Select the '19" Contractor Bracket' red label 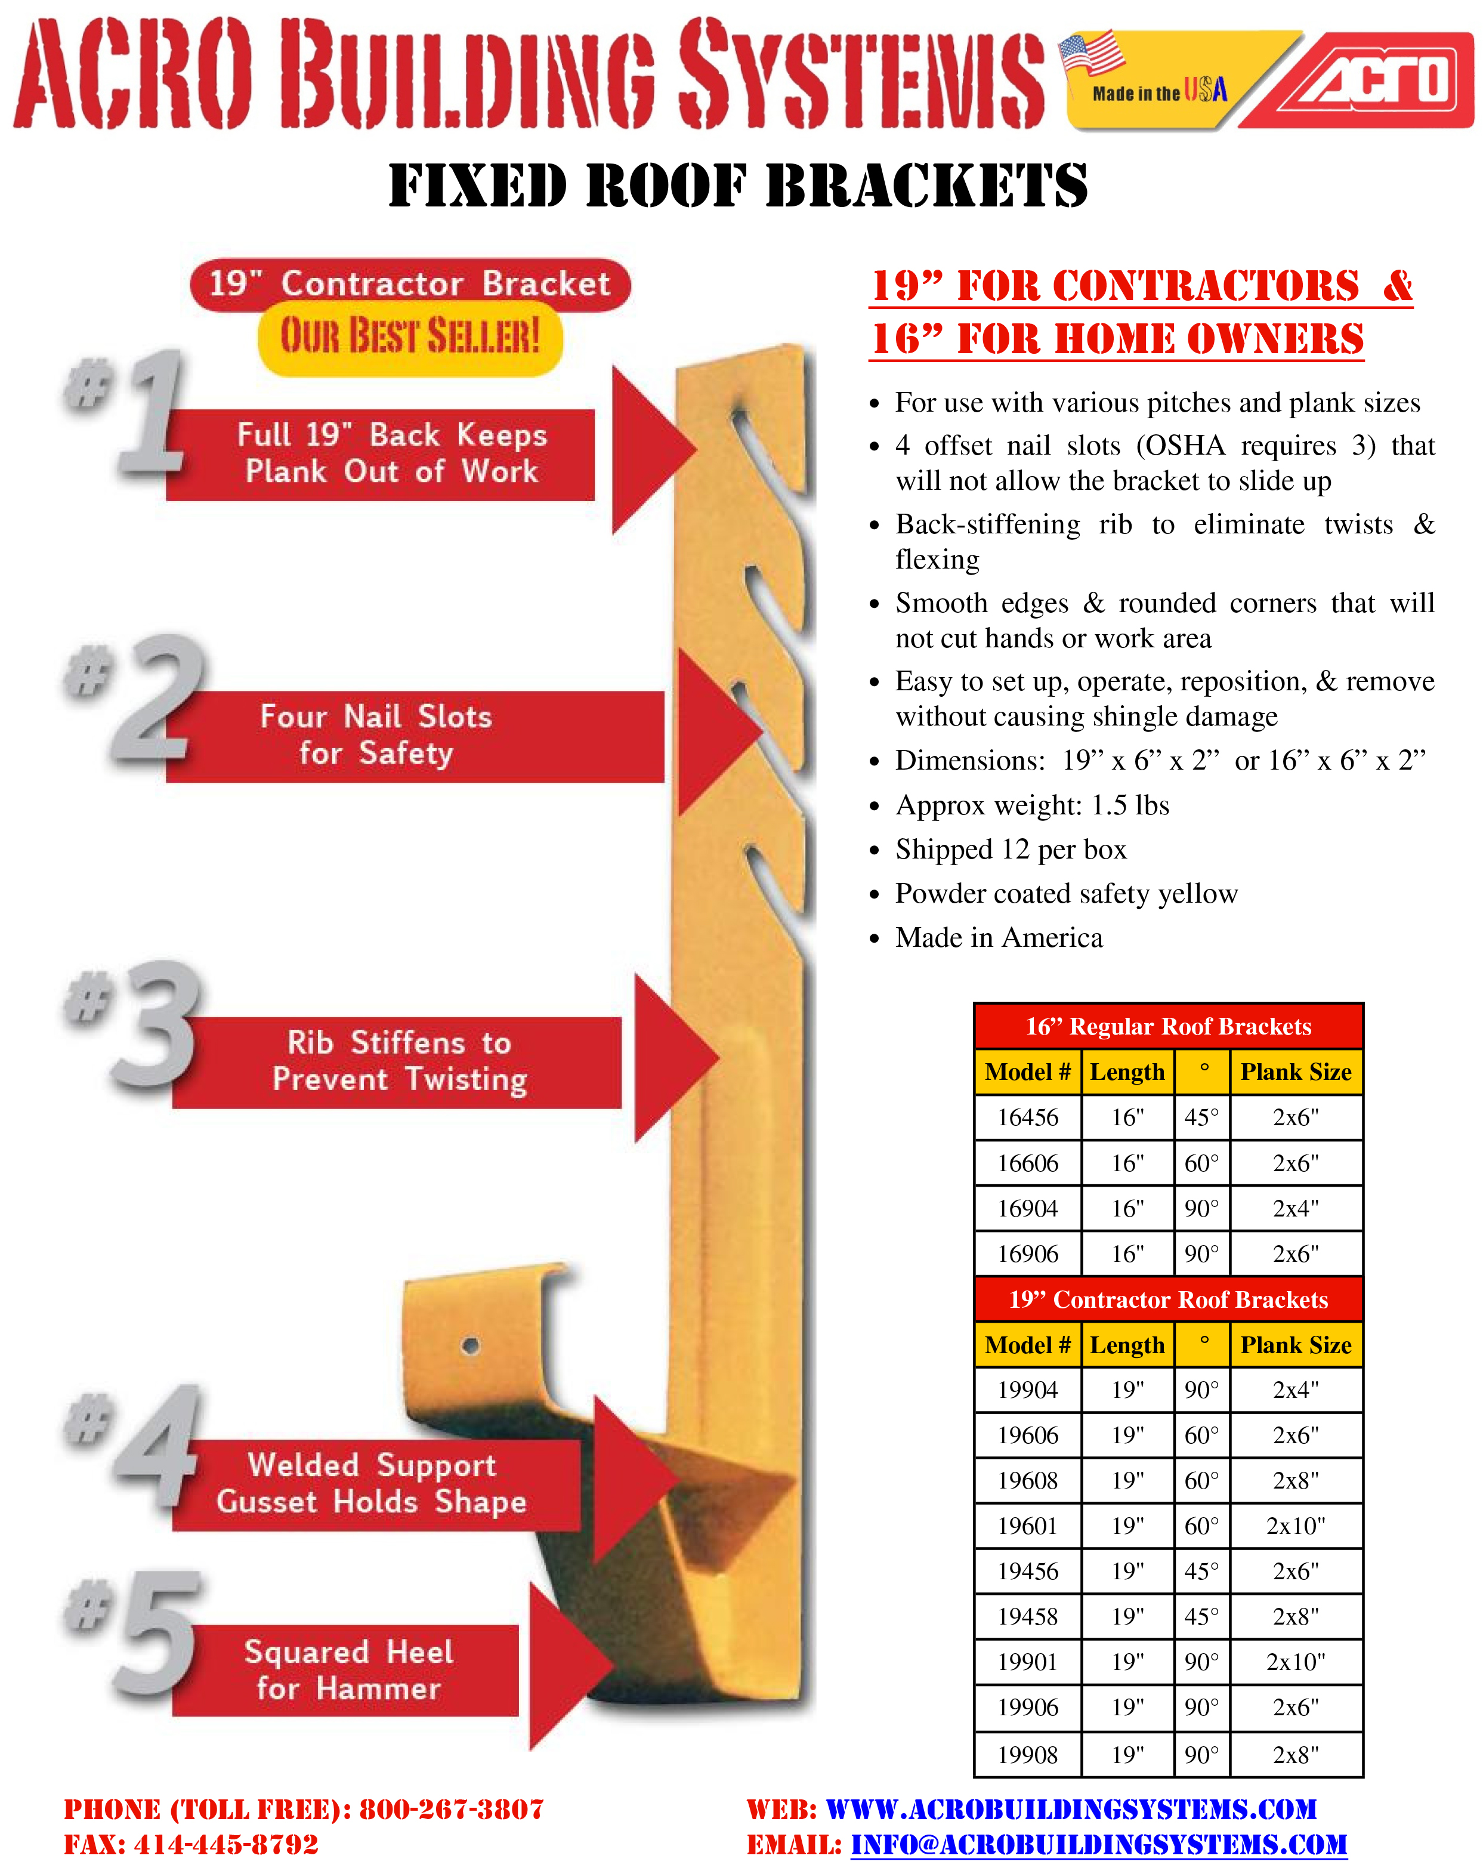(410, 284)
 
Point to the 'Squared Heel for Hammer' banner (347, 1669)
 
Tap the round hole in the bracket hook (470, 1345)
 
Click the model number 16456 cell (1027, 1117)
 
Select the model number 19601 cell (1027, 1526)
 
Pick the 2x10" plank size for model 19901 (1295, 1662)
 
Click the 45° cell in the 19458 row (1201, 1617)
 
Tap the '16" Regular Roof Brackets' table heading (1167, 1027)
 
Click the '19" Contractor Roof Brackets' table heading (1167, 1299)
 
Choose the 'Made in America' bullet (998, 937)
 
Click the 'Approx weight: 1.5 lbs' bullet (1031, 805)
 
